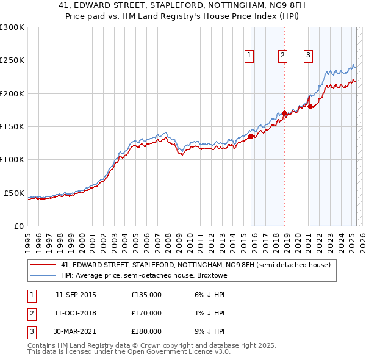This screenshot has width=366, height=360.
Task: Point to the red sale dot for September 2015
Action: pos(251,137)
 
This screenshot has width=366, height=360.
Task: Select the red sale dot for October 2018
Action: pos(285,113)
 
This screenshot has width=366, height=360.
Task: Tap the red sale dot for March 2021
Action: pos(310,107)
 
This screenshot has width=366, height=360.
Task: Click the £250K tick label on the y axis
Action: pos(12,60)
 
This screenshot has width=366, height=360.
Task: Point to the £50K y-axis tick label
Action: pos(15,193)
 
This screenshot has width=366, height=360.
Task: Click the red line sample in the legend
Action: pos(43,265)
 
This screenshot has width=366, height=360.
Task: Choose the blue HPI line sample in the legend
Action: pos(43,275)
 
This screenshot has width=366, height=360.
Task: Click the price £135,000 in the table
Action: pos(146,295)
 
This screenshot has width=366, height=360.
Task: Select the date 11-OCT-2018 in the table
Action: pos(76,313)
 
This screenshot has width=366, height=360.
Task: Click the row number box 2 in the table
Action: pos(32,313)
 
